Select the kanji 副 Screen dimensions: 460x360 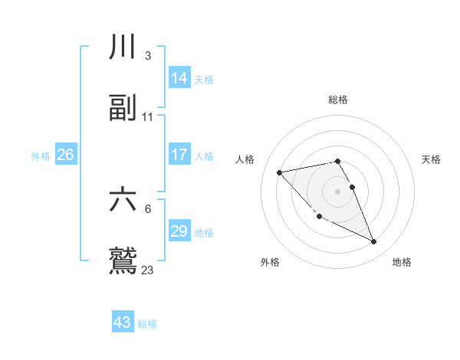[123, 108]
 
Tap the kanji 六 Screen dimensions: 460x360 [123, 200]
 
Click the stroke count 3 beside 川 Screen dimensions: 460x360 [147, 56]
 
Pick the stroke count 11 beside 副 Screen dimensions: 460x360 [148, 116]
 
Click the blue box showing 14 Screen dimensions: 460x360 [179, 78]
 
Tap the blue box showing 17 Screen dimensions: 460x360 [179, 155]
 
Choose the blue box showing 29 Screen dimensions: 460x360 [179, 231]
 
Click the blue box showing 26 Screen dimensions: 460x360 [66, 155]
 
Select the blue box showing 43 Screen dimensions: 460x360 [123, 322]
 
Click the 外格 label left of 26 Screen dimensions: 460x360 [41, 156]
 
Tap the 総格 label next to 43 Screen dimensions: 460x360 [147, 324]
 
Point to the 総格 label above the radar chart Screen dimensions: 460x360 [338, 100]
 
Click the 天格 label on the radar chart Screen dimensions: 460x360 [431, 159]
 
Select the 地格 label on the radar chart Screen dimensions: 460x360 [402, 262]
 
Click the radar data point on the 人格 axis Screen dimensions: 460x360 [280, 172]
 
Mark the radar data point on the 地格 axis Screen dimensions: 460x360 [374, 242]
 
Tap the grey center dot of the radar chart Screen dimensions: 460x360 [338, 191]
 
